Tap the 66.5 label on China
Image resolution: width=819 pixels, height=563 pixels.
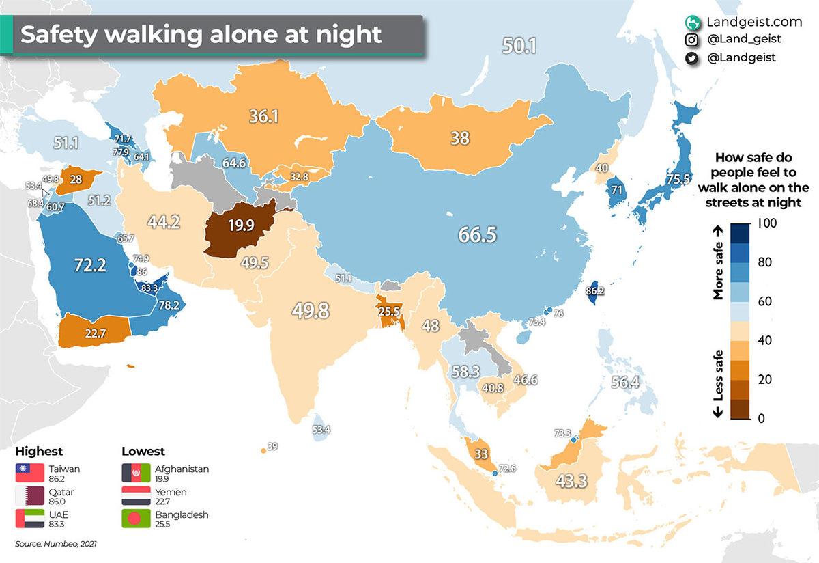[x=477, y=235]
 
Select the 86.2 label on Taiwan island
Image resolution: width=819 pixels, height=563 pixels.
[x=595, y=290]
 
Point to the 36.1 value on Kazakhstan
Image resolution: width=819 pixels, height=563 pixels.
[x=263, y=117]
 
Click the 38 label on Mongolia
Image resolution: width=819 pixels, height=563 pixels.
[x=459, y=137]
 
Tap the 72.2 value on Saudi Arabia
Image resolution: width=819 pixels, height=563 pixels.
[x=89, y=264]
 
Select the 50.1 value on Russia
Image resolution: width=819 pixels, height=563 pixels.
[x=519, y=46]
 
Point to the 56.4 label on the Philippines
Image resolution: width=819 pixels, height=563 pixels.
[x=625, y=383]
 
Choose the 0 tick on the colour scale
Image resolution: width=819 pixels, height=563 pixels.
[x=762, y=417]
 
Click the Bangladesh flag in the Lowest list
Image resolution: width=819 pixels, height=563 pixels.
[x=135, y=519]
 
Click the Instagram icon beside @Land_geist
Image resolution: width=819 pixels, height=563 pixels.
[x=692, y=40]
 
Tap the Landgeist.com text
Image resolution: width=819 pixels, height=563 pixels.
[x=745, y=22]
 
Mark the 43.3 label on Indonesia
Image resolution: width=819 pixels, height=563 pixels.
[x=571, y=481]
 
